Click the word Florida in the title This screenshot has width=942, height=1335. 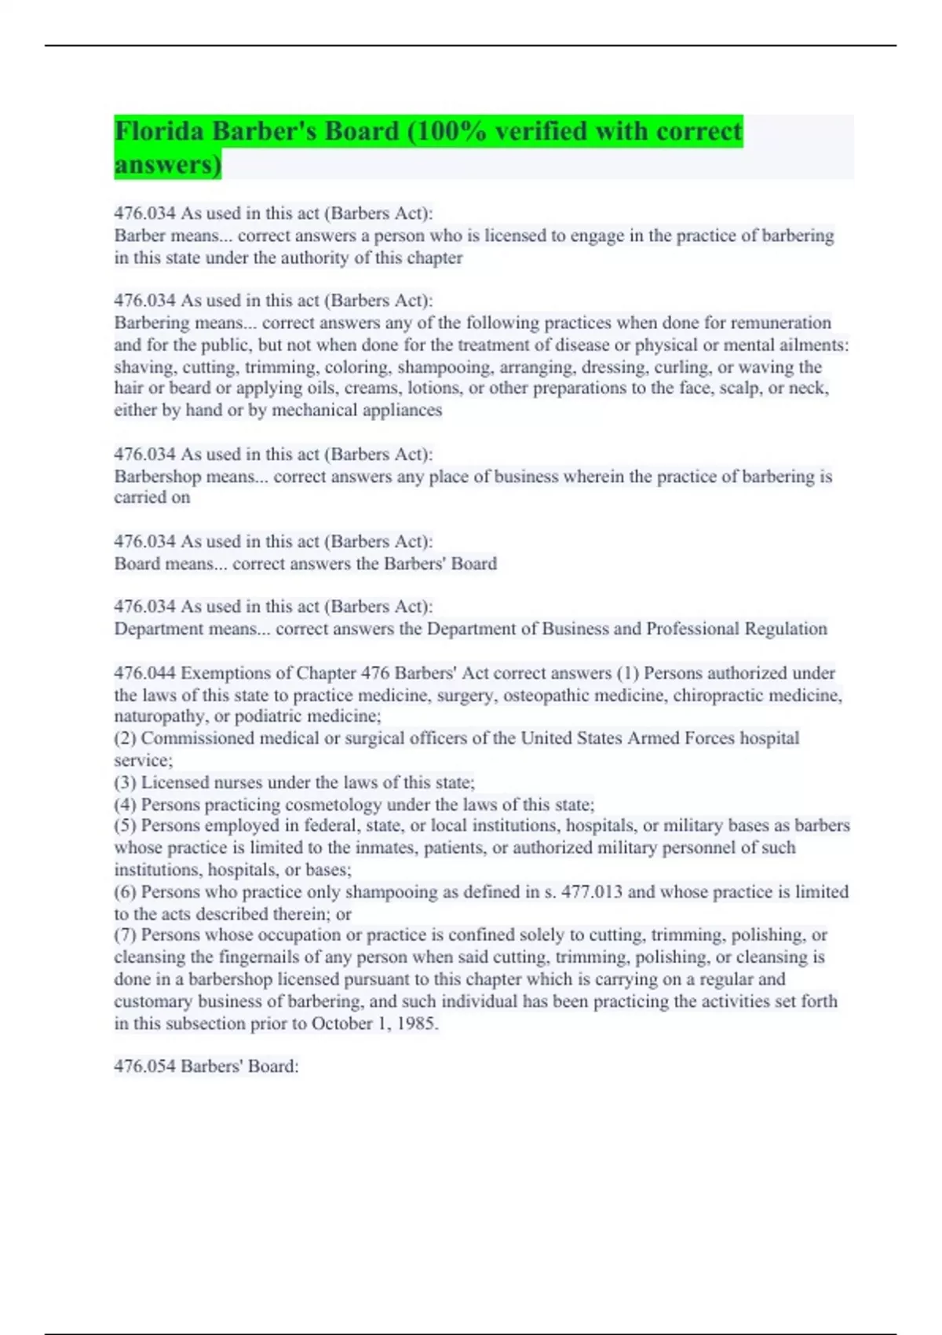click(x=160, y=131)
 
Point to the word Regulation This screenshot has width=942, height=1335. click(x=785, y=629)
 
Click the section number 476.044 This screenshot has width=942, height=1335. click(x=144, y=673)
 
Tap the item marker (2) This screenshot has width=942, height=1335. click(x=125, y=738)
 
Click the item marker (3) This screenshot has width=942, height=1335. click(x=125, y=783)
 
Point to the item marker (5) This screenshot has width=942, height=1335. click(x=125, y=825)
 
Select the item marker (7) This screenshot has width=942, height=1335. click(x=125, y=935)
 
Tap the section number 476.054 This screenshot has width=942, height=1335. click(x=144, y=1066)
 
